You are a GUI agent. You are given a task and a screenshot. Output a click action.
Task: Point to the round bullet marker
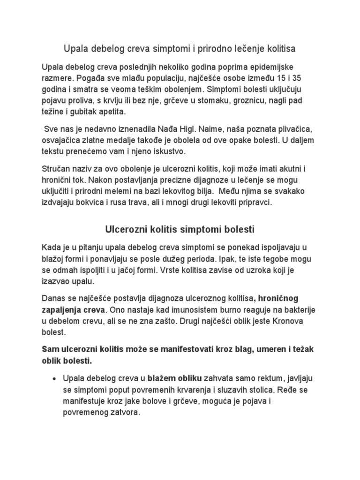click(55, 378)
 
